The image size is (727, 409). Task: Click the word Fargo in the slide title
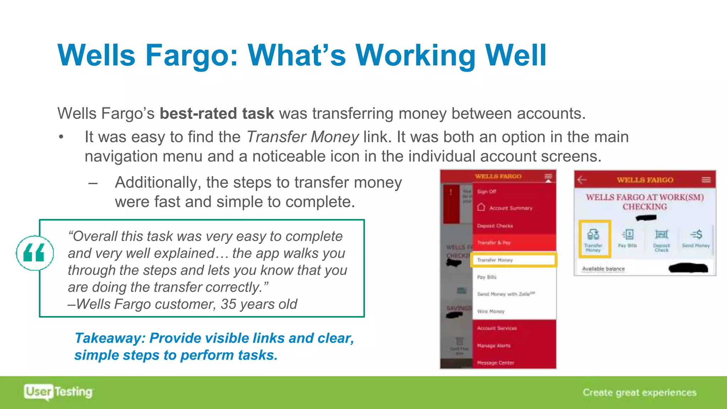pos(191,56)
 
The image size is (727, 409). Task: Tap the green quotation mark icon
pos(34,253)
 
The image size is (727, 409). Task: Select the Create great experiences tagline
pos(639,392)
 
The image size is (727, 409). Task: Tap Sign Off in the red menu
pos(487,191)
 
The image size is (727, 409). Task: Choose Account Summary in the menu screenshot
pos(510,208)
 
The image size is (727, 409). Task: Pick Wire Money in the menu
pos(491,311)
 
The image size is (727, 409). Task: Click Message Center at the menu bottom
pos(496,363)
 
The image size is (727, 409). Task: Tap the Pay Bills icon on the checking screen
pos(628,238)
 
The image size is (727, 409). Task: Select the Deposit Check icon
pos(661,239)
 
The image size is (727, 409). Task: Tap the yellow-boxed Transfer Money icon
pos(594,239)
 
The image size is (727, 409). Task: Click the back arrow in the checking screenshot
pos(582,180)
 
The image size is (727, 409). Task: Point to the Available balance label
pos(603,269)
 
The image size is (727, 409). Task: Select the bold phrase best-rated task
pos(217,114)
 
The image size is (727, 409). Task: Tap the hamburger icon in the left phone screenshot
pos(548,176)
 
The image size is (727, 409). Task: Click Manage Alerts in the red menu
pos(494,345)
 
